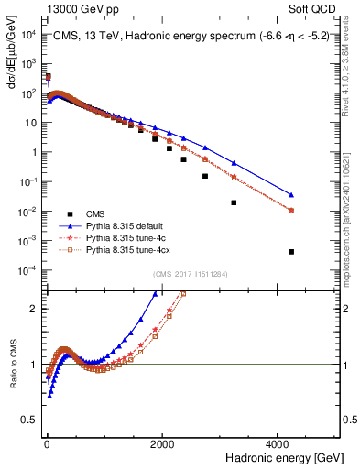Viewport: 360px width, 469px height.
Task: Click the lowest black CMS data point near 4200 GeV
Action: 291,252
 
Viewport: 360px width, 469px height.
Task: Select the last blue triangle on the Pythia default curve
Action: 291,194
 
